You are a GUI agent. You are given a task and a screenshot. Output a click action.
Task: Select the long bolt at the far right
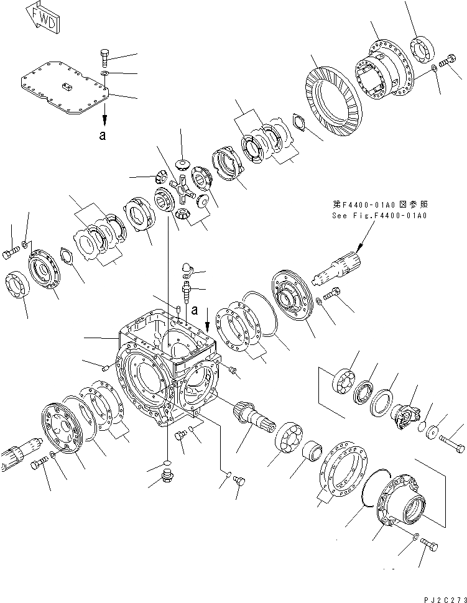(x=450, y=444)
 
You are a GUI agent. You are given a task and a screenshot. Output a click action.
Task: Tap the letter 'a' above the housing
(x=195, y=309)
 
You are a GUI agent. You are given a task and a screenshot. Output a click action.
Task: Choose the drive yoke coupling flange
(x=404, y=413)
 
